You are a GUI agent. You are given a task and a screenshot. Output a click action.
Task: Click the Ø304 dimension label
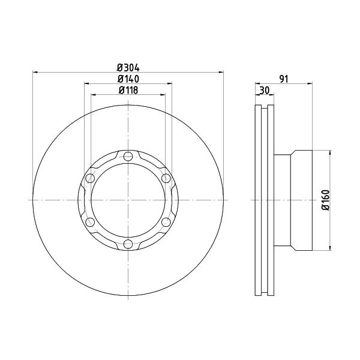pyautogui.click(x=128, y=68)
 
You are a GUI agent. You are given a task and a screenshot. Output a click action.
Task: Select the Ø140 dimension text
pyautogui.click(x=128, y=79)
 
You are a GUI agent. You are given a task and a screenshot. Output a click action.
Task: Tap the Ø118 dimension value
pyautogui.click(x=128, y=90)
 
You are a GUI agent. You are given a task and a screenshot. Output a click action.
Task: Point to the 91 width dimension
pyautogui.click(x=284, y=79)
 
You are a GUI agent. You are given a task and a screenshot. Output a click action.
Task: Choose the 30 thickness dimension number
pyautogui.click(x=265, y=90)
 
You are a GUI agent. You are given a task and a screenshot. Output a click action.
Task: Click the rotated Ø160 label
pyautogui.click(x=326, y=200)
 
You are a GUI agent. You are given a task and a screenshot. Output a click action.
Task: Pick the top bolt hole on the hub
pyautogui.click(x=128, y=157)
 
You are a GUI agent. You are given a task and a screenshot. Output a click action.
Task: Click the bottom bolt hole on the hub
pyautogui.click(x=128, y=244)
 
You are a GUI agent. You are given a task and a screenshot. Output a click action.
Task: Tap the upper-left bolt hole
pyautogui.click(x=90, y=178)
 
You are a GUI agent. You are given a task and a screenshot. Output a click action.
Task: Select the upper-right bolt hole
pyautogui.click(x=166, y=178)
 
